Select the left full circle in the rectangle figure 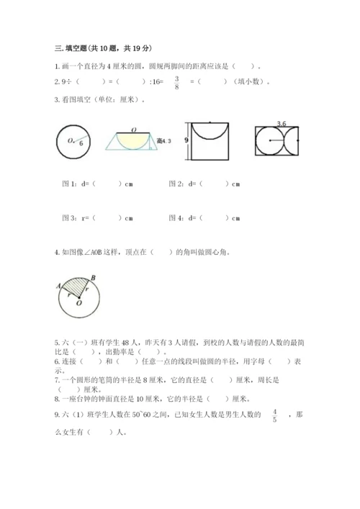268,141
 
